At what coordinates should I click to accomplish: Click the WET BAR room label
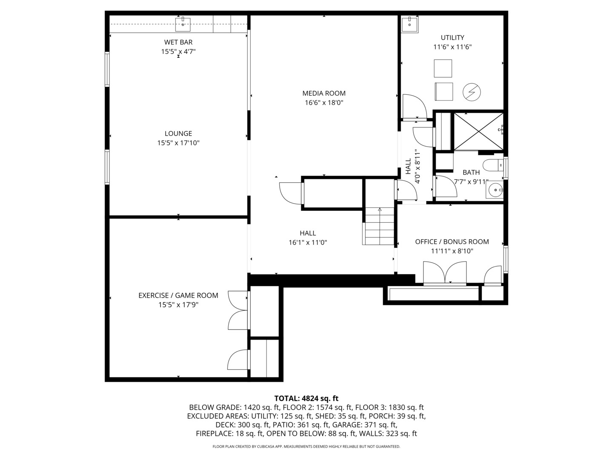pyautogui.click(x=178, y=42)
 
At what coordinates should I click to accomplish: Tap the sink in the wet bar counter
pyautogui.click(x=183, y=24)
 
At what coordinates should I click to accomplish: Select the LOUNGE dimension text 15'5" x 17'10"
pyautogui.click(x=178, y=143)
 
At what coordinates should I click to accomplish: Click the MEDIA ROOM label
pyautogui.click(x=324, y=93)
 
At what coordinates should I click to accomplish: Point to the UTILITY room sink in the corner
pyautogui.click(x=410, y=25)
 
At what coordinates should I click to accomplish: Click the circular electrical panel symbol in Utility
pyautogui.click(x=472, y=92)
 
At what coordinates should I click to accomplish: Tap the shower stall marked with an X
pyautogui.click(x=478, y=131)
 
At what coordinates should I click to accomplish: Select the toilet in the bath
pyautogui.click(x=494, y=165)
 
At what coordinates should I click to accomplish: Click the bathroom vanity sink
pyautogui.click(x=495, y=190)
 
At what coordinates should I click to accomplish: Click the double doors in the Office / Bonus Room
pyautogui.click(x=444, y=273)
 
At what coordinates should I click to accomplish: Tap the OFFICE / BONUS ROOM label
pyautogui.click(x=452, y=242)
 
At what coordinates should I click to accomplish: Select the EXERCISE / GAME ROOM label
pyautogui.click(x=178, y=295)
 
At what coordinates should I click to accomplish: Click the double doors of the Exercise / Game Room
pyautogui.click(x=238, y=310)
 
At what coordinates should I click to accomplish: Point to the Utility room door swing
pyautogui.click(x=415, y=106)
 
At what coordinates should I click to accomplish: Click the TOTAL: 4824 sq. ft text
pyautogui.click(x=306, y=398)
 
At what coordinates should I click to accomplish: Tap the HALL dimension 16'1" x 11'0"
pyautogui.click(x=308, y=242)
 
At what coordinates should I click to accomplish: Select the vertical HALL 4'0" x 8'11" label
pyautogui.click(x=413, y=166)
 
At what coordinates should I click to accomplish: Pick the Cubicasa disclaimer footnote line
pyautogui.click(x=306, y=446)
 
